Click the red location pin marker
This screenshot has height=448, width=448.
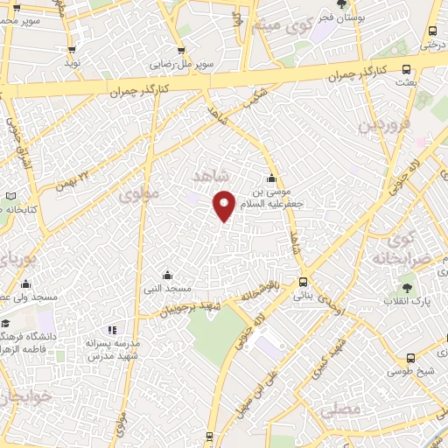(x=224, y=204)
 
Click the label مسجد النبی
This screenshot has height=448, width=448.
(x=168, y=288)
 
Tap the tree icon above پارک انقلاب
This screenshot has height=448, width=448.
(x=407, y=285)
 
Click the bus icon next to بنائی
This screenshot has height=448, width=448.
(x=303, y=282)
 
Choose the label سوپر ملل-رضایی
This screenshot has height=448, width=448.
(x=184, y=64)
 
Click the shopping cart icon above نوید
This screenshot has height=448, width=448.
(x=72, y=51)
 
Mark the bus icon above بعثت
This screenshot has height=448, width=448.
(x=406, y=69)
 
